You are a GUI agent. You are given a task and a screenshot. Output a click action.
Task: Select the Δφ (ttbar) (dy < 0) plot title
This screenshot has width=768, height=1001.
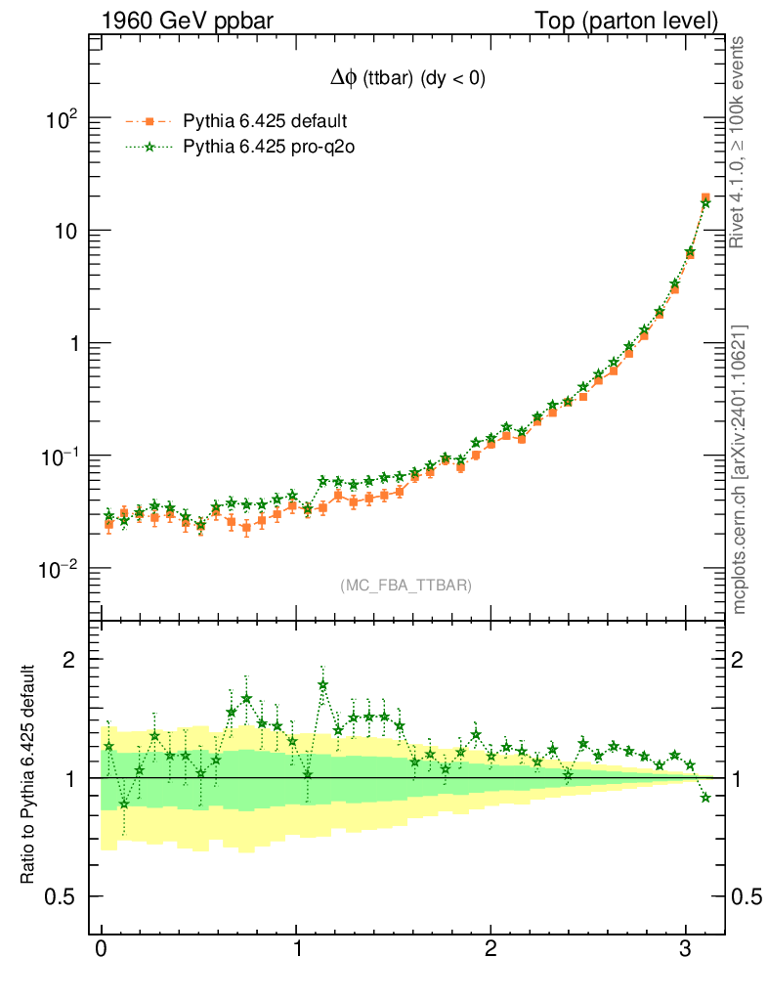pyautogui.click(x=405, y=80)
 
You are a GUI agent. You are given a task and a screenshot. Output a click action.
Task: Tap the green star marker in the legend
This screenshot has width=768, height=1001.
pyautogui.click(x=149, y=148)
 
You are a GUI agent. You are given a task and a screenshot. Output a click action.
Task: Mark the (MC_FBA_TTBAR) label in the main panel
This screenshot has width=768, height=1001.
pyautogui.click(x=405, y=586)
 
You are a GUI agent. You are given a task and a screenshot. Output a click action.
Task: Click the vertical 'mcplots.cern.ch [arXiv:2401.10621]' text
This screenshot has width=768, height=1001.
pyautogui.click(x=740, y=469)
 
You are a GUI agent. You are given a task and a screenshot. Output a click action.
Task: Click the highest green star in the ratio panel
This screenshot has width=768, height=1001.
pyautogui.click(x=323, y=685)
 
